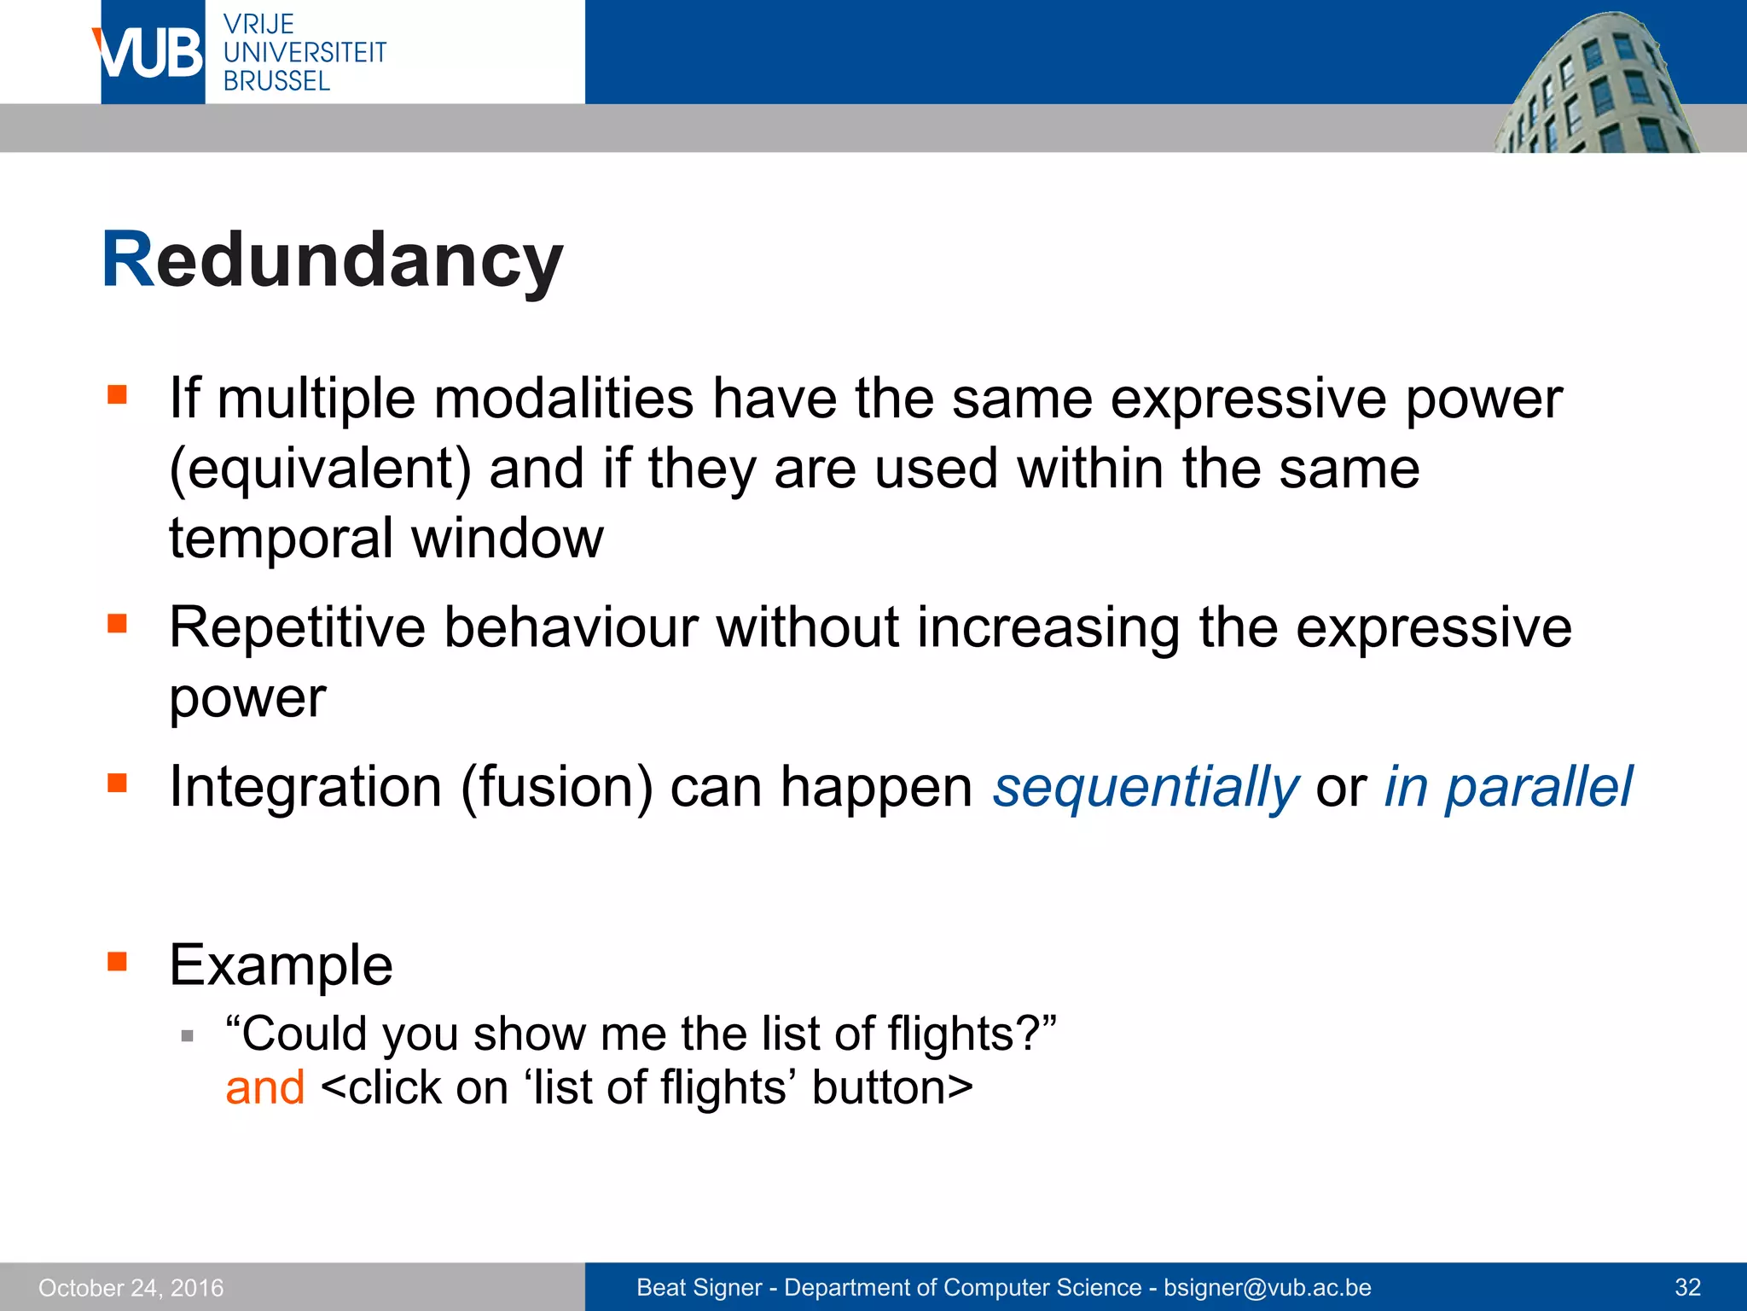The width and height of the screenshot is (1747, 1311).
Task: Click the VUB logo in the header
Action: click(152, 52)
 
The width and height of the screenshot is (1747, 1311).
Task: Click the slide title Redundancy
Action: click(332, 260)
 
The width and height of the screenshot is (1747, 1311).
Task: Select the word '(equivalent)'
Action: click(320, 469)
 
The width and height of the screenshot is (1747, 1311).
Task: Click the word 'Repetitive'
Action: click(297, 627)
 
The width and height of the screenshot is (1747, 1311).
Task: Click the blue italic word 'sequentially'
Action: click(1146, 786)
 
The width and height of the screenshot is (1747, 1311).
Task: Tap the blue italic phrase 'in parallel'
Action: click(1507, 786)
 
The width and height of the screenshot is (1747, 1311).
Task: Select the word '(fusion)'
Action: click(556, 786)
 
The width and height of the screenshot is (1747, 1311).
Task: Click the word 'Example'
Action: click(281, 965)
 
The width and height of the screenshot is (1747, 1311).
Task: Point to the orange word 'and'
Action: click(264, 1088)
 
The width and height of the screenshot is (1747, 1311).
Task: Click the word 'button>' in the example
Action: click(892, 1088)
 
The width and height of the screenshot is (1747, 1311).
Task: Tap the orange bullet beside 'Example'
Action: click(117, 962)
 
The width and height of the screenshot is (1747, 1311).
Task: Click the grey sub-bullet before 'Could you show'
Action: click(188, 1037)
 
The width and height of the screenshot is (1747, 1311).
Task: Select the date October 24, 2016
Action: click(131, 1288)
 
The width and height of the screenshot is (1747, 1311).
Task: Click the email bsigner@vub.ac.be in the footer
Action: click(1268, 1288)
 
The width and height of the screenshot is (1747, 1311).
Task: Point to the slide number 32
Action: click(1688, 1288)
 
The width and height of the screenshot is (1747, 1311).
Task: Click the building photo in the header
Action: click(1595, 85)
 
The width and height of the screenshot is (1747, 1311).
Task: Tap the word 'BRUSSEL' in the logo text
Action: click(276, 82)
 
